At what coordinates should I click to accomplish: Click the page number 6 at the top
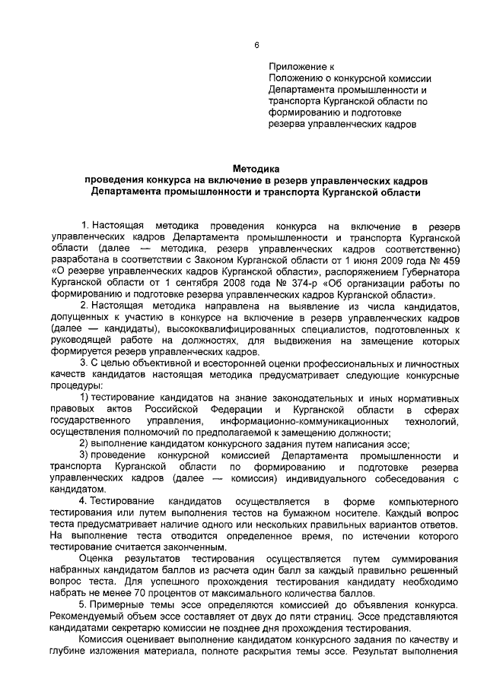click(258, 43)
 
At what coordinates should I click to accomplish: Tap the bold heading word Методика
click(257, 169)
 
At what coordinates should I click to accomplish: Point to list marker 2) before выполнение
click(85, 444)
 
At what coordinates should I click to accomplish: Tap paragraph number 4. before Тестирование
click(84, 502)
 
